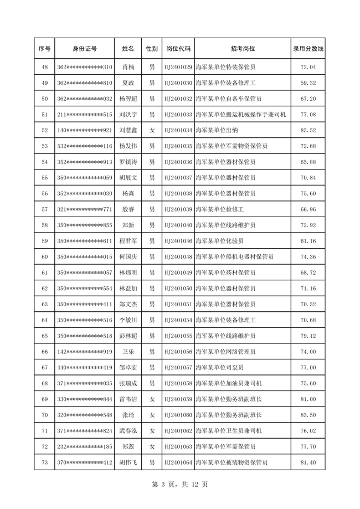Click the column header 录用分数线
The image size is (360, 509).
[308, 49]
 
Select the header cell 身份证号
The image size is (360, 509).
[85, 49]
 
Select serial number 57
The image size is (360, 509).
[45, 209]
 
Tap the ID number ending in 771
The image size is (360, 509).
[85, 209]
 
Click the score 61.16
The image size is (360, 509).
[308, 241]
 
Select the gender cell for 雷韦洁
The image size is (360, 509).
[152, 399]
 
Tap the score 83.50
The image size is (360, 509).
[308, 415]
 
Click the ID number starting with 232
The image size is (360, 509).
[85, 446]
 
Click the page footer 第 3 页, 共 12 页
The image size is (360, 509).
[180, 485]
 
